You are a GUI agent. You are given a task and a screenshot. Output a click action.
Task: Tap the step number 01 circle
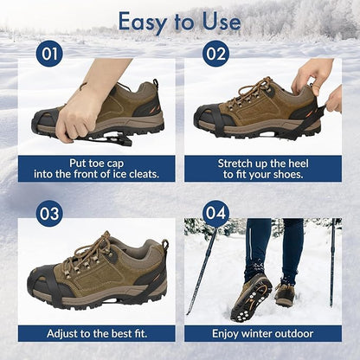(x=50, y=55)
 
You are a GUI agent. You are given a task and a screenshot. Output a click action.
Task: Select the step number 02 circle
(x=215, y=55)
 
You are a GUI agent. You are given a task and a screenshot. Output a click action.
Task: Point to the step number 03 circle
(x=49, y=213)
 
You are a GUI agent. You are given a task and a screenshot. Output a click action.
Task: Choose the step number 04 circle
(x=215, y=213)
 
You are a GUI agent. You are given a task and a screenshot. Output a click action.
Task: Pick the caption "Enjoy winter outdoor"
(x=262, y=333)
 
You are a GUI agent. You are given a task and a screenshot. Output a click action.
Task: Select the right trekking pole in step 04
(x=331, y=260)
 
